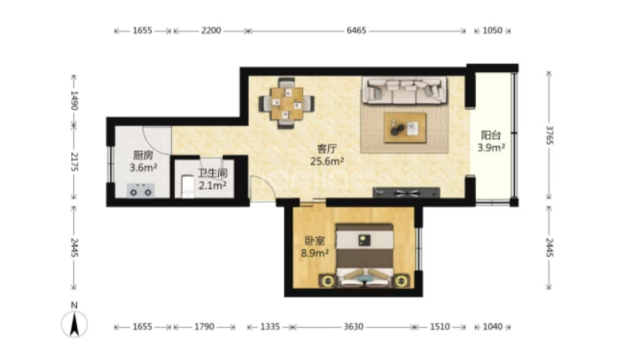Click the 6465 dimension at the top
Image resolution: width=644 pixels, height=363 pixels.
tap(356, 31)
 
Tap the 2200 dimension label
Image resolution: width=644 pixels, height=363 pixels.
tap(211, 31)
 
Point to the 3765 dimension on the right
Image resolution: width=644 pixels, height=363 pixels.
tap(549, 135)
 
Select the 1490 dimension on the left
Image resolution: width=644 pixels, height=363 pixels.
tap(74, 101)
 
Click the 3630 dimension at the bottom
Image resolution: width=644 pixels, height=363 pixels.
tap(354, 327)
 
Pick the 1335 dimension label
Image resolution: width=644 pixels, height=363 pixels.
tap(270, 327)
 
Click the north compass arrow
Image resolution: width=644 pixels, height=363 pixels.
tap(74, 324)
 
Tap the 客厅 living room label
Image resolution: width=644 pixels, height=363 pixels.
tap(327, 148)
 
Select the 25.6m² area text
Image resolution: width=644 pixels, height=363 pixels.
tap(327, 161)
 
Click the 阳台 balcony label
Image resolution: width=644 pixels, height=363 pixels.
tap(491, 135)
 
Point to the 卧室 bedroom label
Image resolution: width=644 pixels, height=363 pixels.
tap(315, 241)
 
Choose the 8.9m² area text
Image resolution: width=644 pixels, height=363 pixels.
tap(315, 253)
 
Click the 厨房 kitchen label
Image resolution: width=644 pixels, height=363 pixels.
tap(143, 155)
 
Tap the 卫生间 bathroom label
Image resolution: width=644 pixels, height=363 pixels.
tap(212, 173)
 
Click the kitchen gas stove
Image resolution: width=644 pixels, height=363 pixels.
tap(141, 190)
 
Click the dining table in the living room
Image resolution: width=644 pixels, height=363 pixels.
tap(287, 103)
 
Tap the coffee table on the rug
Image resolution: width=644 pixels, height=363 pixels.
tap(405, 128)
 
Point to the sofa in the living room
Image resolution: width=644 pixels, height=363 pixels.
tap(404, 90)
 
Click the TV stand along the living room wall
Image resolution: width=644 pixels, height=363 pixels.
tap(406, 192)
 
